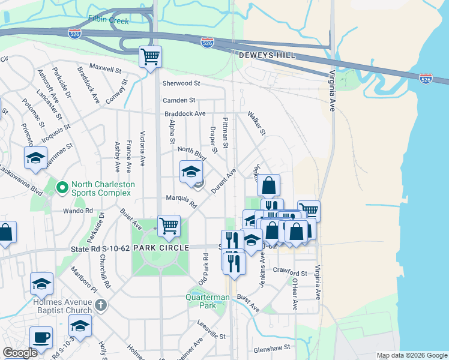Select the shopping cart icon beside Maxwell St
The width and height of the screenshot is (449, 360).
point(150,57)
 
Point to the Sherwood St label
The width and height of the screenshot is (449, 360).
point(181,83)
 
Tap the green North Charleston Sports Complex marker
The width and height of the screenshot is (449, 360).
point(61,188)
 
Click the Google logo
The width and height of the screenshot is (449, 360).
point(20,353)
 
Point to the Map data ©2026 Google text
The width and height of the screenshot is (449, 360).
point(411,355)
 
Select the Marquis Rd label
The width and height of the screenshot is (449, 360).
point(181,201)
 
